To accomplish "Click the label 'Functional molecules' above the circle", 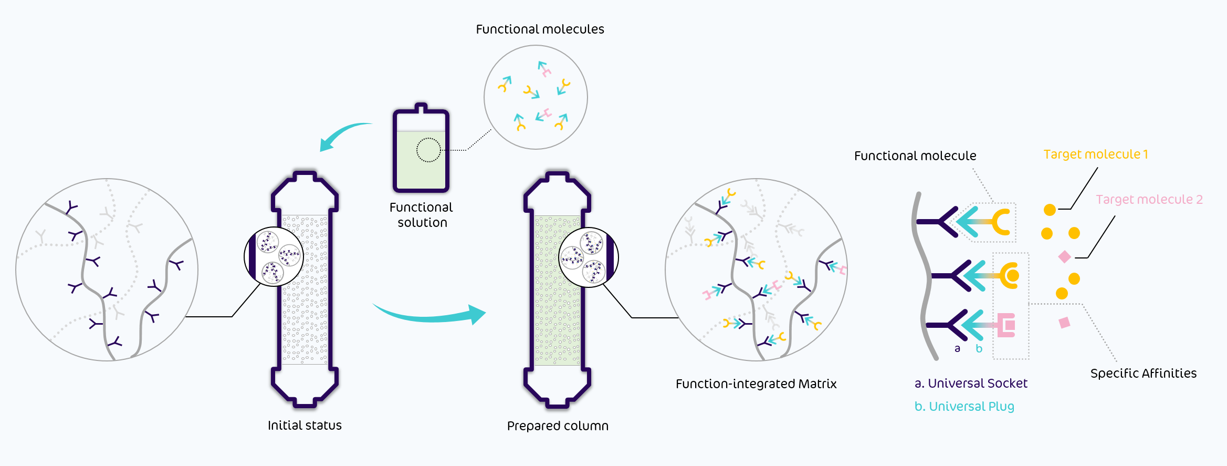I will [x=540, y=29].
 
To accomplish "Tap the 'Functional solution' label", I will [x=421, y=215].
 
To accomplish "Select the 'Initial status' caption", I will [x=305, y=426].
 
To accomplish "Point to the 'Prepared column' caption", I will [x=558, y=426].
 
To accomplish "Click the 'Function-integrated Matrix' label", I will [x=756, y=384].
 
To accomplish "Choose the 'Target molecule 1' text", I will [x=1096, y=154].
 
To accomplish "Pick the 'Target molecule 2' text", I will [x=1149, y=200].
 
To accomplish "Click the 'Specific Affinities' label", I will [x=1144, y=374].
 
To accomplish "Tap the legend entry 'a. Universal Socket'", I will [x=971, y=384].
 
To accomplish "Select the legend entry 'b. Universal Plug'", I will [x=964, y=407].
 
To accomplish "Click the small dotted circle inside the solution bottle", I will [x=428, y=150].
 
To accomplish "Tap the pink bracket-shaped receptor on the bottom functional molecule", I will [x=1006, y=325].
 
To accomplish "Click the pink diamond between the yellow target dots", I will [x=1065, y=257].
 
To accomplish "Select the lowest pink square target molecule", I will [x=1065, y=323].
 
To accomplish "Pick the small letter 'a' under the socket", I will [x=957, y=349].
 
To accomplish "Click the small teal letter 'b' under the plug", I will [x=979, y=349].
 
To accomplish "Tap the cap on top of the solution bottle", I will [x=421, y=109].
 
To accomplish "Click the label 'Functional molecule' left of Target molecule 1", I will [x=915, y=156].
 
